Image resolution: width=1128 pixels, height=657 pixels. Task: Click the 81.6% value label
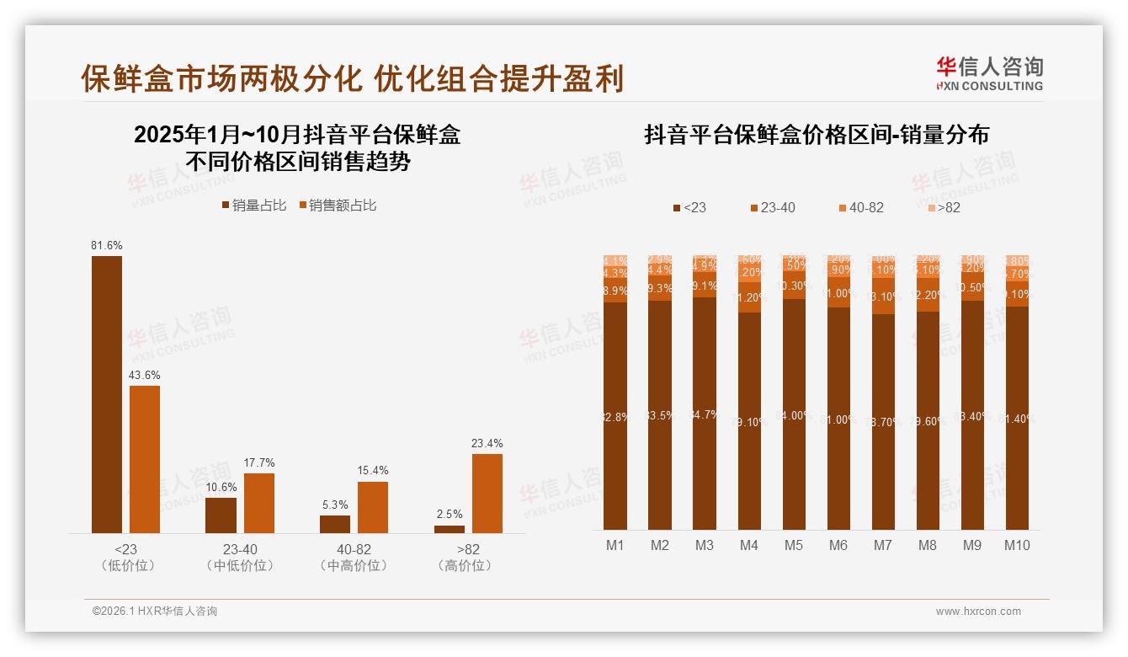(x=107, y=245)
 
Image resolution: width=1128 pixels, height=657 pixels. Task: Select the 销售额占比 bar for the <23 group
(x=144, y=459)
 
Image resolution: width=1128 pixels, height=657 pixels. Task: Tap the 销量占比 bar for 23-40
(x=221, y=515)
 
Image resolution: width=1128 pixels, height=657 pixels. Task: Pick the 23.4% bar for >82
(x=487, y=493)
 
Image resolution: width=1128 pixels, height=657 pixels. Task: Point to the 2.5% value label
(x=449, y=515)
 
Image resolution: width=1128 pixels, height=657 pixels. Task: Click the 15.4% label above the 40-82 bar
(x=373, y=471)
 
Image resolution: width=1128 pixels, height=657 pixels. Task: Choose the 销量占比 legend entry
(x=254, y=206)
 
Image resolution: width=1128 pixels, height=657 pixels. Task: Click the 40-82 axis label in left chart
(x=354, y=549)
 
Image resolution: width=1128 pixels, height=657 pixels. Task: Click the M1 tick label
(x=615, y=546)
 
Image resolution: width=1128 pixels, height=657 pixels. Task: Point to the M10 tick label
(x=1017, y=546)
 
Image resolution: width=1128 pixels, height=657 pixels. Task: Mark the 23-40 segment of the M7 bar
(x=883, y=297)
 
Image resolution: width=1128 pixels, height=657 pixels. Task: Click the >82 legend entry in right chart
(x=944, y=207)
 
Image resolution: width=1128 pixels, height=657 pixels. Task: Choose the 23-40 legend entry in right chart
(x=772, y=207)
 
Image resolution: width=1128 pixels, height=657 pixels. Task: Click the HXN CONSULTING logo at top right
(x=989, y=74)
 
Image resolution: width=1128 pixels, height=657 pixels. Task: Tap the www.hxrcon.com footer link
(x=978, y=612)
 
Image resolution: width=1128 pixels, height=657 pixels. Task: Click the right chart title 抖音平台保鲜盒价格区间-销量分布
(x=817, y=135)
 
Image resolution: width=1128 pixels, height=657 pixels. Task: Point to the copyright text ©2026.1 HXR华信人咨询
(x=154, y=612)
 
